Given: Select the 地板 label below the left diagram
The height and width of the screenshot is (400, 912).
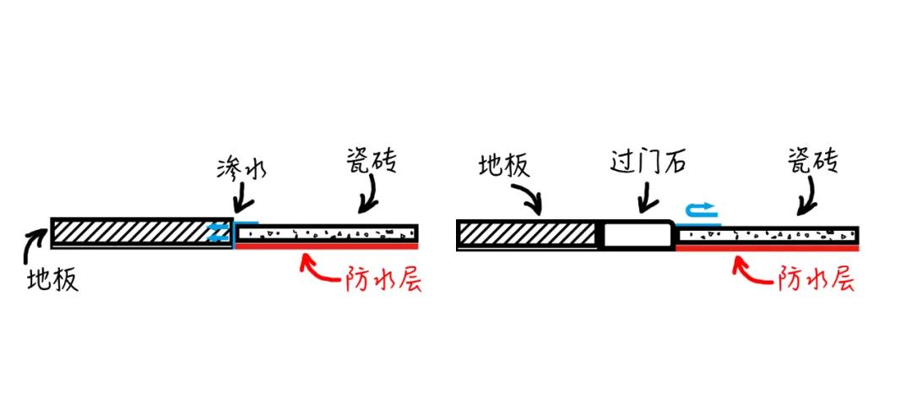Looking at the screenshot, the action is coord(52,280).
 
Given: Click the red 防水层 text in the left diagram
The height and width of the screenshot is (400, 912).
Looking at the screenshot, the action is coord(383,280).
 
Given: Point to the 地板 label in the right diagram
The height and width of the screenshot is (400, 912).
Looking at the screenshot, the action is coord(503,166).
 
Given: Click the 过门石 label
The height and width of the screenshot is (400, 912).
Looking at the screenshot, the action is coord(648,161).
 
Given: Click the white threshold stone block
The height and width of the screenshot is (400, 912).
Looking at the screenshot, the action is coord(638,234).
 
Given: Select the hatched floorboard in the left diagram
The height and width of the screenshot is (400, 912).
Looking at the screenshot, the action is coord(142,233).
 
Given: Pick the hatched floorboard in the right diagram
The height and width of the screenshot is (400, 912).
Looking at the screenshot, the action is coord(528,234).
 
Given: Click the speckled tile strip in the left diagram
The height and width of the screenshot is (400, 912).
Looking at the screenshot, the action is coord(326,233).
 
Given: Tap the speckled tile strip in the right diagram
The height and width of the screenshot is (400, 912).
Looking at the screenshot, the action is coord(768,235).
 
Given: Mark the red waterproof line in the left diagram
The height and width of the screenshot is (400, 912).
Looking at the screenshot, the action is coord(326,246).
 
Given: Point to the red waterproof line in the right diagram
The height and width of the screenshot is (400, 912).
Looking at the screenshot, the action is coord(768,248).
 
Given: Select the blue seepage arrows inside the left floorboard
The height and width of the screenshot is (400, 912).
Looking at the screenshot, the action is coord(216,233).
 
